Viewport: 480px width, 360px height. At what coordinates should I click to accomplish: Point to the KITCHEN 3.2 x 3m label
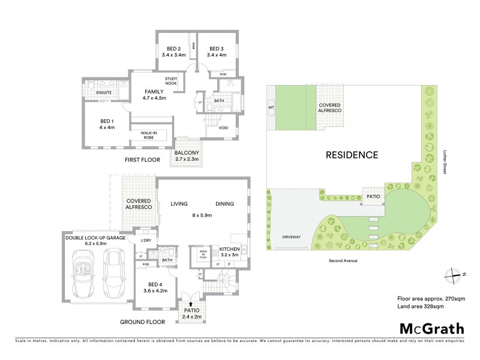(229, 251)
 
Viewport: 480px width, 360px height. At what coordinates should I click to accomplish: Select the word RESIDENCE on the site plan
(352, 155)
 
